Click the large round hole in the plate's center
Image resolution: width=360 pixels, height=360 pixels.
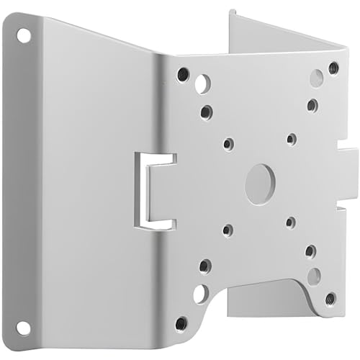pyautogui.click(x=259, y=184)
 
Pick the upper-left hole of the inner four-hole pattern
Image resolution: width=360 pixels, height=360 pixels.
pyautogui.click(x=228, y=144)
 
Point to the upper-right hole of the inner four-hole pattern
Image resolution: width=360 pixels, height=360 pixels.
pyautogui.click(x=291, y=139)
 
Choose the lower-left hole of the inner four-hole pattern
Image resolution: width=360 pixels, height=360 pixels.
pyautogui.click(x=228, y=230)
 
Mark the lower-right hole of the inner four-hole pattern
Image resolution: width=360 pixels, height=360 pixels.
pyautogui.click(x=290, y=222)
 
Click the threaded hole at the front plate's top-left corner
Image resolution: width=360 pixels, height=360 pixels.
pyautogui.click(x=183, y=73)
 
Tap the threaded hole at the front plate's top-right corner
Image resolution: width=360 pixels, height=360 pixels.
pyautogui.click(x=333, y=68)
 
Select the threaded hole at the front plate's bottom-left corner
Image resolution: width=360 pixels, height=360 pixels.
pyautogui.click(x=182, y=323)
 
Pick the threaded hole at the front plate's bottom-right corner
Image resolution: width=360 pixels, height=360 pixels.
pyautogui.click(x=330, y=297)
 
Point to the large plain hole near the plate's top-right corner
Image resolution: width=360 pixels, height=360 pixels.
pyautogui.click(x=316, y=78)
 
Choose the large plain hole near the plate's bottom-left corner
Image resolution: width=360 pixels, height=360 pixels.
pyautogui.click(x=201, y=293)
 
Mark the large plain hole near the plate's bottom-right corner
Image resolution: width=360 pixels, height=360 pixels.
pyautogui.click(x=314, y=276)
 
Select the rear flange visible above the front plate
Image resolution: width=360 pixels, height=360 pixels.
pyautogui.click(x=284, y=36)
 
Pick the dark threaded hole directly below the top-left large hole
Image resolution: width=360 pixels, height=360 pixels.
pyautogui.click(x=207, y=112)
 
